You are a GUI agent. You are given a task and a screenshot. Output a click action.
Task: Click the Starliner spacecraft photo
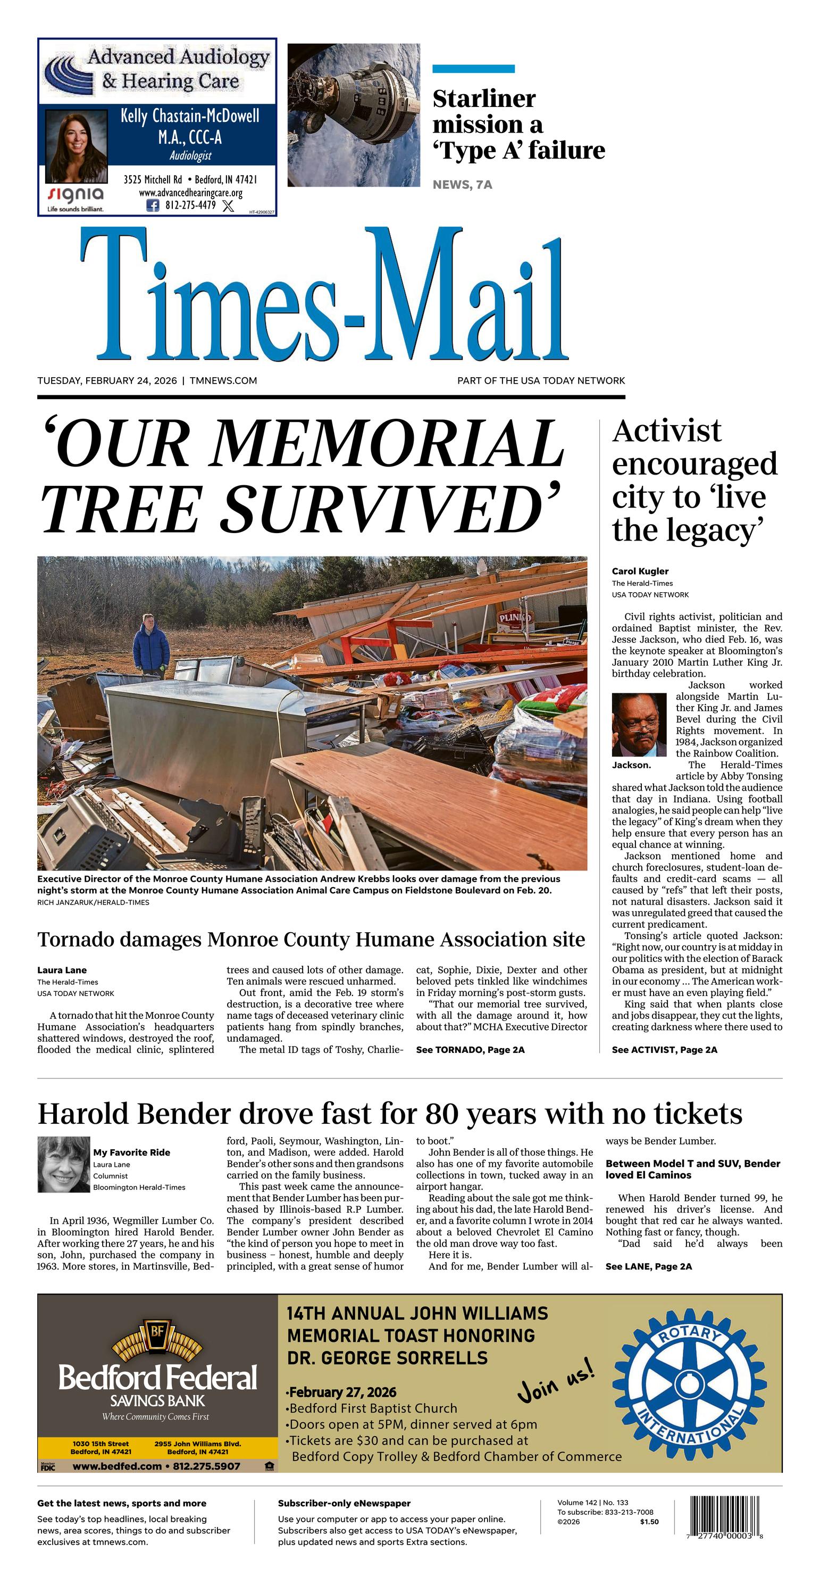(x=354, y=115)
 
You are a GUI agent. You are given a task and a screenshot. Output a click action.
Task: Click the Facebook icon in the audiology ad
(x=153, y=205)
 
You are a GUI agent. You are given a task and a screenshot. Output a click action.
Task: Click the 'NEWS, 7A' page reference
(x=462, y=185)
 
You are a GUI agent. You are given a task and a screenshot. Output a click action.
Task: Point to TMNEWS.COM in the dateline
(x=223, y=381)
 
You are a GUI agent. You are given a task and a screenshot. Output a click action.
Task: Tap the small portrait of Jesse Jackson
(x=639, y=724)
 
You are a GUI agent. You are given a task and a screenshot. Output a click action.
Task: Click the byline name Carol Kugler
(x=640, y=571)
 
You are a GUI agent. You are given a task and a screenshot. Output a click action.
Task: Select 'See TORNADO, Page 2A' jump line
(x=470, y=1050)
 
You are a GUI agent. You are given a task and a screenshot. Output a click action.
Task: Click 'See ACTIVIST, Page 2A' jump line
(x=664, y=1050)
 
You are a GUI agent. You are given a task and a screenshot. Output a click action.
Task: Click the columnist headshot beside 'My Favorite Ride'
(x=63, y=1165)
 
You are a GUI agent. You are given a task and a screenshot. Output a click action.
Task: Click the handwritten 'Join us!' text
(x=556, y=1380)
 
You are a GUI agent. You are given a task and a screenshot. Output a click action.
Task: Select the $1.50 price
(x=649, y=1522)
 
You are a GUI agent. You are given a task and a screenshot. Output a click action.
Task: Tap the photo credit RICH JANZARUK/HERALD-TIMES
(x=93, y=903)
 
